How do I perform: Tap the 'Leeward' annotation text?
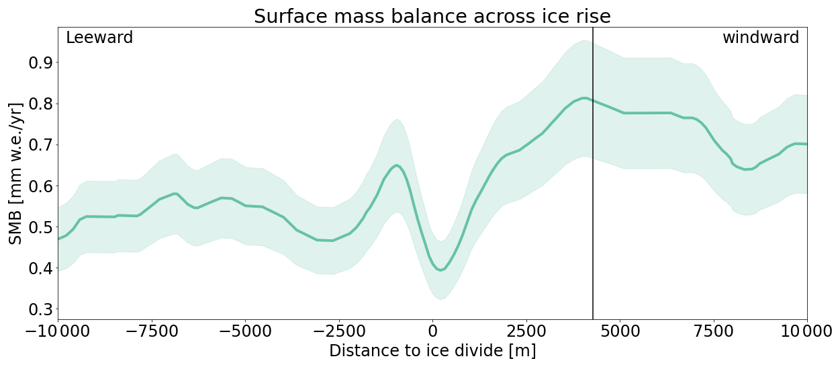click(x=99, y=38)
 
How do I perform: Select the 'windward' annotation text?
click(x=760, y=38)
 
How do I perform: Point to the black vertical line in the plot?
click(x=593, y=202)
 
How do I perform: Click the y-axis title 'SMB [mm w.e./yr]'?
click(x=16, y=173)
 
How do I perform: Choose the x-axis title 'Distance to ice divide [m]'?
click(x=432, y=351)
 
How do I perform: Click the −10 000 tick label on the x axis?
click(x=58, y=331)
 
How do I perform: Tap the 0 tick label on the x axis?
click(x=432, y=331)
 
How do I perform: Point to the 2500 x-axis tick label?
click(x=526, y=331)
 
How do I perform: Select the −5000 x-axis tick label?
click(x=245, y=331)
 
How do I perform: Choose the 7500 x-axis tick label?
click(x=713, y=331)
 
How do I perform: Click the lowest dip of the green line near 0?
click(x=440, y=270)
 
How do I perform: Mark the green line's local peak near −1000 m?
click(x=397, y=165)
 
